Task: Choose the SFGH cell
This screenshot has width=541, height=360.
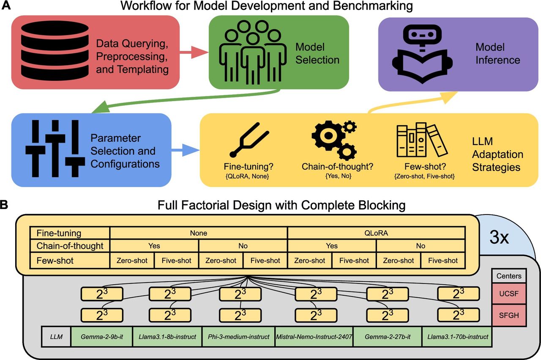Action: pos(508,315)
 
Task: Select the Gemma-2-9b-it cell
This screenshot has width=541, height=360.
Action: pos(101,337)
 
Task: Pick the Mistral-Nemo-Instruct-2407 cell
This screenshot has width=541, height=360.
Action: pos(314,337)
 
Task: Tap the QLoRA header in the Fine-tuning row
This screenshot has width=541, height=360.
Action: pos(376,233)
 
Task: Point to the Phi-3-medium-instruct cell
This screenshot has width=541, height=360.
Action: pos(239,337)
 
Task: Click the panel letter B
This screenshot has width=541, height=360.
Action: pos(5,205)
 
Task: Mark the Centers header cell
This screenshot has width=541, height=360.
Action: pos(508,276)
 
